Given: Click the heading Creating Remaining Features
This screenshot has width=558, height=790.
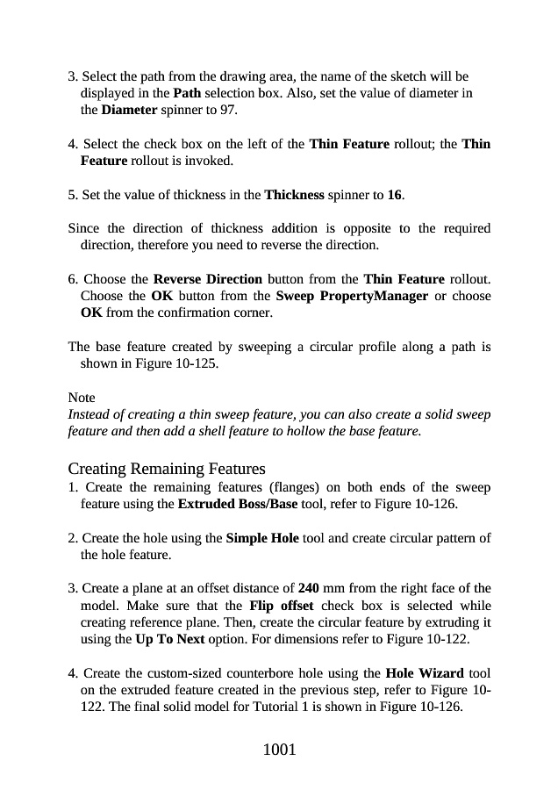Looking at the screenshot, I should (x=167, y=469).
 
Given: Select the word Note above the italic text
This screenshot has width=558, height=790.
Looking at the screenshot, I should (x=82, y=398).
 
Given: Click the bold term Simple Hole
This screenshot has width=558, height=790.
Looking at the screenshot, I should (x=262, y=538).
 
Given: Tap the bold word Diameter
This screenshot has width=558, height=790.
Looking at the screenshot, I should (x=130, y=111).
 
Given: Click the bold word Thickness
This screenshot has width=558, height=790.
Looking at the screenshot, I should (x=295, y=194).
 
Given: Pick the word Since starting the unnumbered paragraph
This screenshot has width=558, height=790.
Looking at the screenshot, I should (x=84, y=228).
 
